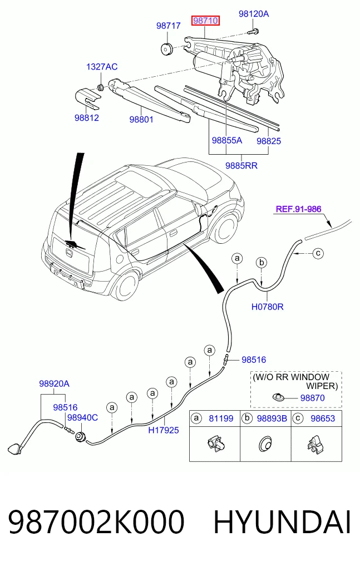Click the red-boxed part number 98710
tap(205, 21)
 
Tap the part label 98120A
tap(254, 14)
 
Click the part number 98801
tap(141, 119)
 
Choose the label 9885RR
tap(241, 166)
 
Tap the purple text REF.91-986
tap(299, 209)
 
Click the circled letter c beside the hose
tap(318, 253)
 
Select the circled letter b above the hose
tap(262, 263)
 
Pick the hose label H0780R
tap(267, 307)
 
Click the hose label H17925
tap(164, 430)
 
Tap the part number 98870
tap(313, 398)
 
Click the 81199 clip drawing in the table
tap(214, 443)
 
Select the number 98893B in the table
tap(272, 419)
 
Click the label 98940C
tap(82, 417)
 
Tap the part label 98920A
tap(54, 383)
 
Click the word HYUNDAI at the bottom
tap(283, 521)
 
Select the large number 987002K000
tap(96, 521)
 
